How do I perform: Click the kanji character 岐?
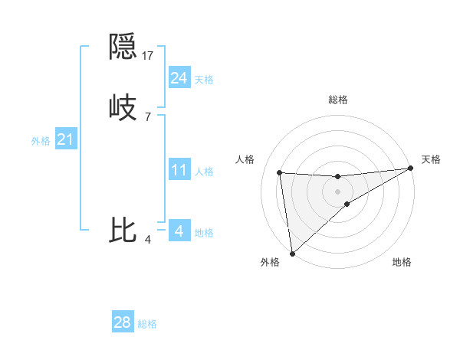(x=123, y=107)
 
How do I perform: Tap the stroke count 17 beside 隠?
(x=148, y=56)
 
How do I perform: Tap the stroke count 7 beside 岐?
(x=147, y=116)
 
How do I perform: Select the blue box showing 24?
(x=179, y=78)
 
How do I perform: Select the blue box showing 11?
(x=179, y=170)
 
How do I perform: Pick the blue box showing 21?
(x=66, y=140)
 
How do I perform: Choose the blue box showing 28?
(x=123, y=322)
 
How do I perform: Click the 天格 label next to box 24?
(x=204, y=80)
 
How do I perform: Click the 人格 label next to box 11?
(x=204, y=172)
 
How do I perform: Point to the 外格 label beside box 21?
(x=41, y=141)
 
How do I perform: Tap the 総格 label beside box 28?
(x=147, y=324)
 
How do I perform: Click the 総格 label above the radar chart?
(x=338, y=100)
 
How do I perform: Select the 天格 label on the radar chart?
(x=431, y=159)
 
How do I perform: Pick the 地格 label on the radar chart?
(x=402, y=263)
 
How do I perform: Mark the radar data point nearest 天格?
(x=410, y=169)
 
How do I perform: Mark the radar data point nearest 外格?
(x=291, y=253)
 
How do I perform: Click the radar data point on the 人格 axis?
(x=280, y=172)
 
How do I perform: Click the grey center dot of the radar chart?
(x=338, y=191)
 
